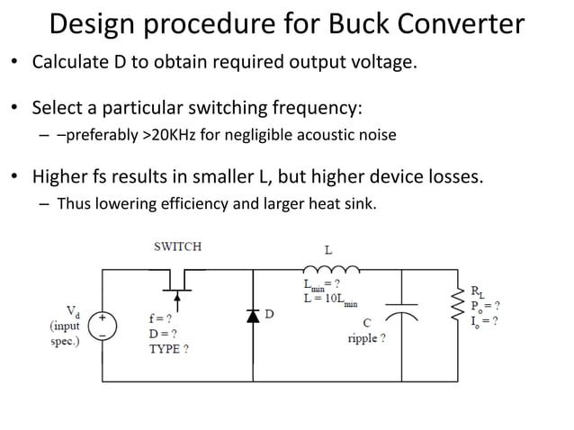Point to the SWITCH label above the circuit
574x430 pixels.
point(177,246)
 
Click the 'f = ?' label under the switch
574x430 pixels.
point(161,318)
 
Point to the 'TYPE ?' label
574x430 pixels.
point(169,348)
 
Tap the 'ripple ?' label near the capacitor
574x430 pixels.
point(367,339)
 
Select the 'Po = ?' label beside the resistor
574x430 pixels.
point(485,305)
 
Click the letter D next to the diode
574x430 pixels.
point(269,315)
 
